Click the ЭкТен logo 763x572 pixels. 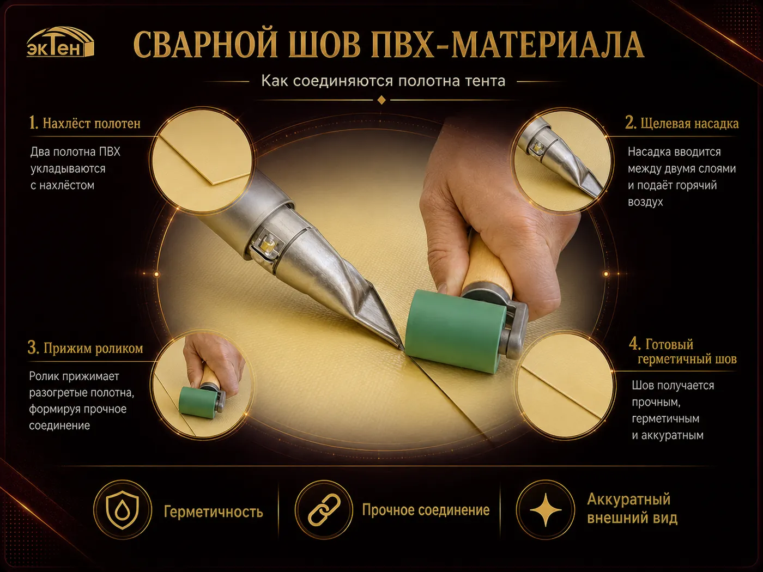tap(60, 42)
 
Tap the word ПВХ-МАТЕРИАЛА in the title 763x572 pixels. tap(507, 45)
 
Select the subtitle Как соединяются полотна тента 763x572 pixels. tap(383, 81)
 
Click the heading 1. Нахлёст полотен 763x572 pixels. tap(85, 123)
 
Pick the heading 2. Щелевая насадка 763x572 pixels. tap(682, 123)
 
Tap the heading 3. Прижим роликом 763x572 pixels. tap(85, 348)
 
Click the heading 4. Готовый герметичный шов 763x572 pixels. tap(683, 351)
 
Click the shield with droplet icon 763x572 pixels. tap(123, 510)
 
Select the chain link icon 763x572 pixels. tap(324, 509)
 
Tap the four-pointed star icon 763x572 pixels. tap(546, 509)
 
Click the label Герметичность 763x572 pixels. tap(214, 512)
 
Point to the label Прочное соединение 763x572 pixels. tap(426, 510)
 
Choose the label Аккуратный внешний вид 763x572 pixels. tap(632, 508)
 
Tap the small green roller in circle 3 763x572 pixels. tap(197, 402)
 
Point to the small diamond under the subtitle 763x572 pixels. tap(381, 100)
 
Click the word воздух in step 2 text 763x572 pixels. tap(645, 202)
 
